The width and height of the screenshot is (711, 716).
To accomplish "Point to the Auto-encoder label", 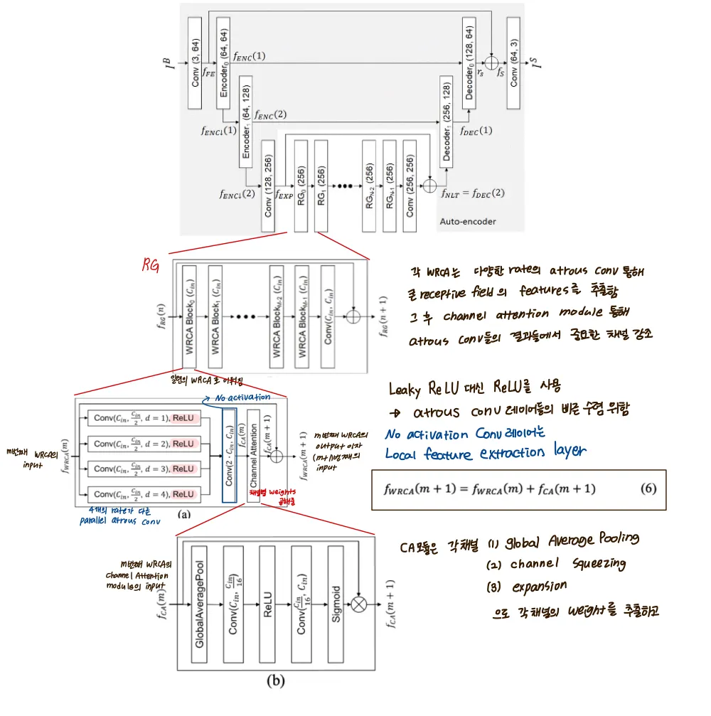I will click(x=467, y=222).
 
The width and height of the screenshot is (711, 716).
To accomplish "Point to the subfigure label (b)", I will click(x=274, y=680).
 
